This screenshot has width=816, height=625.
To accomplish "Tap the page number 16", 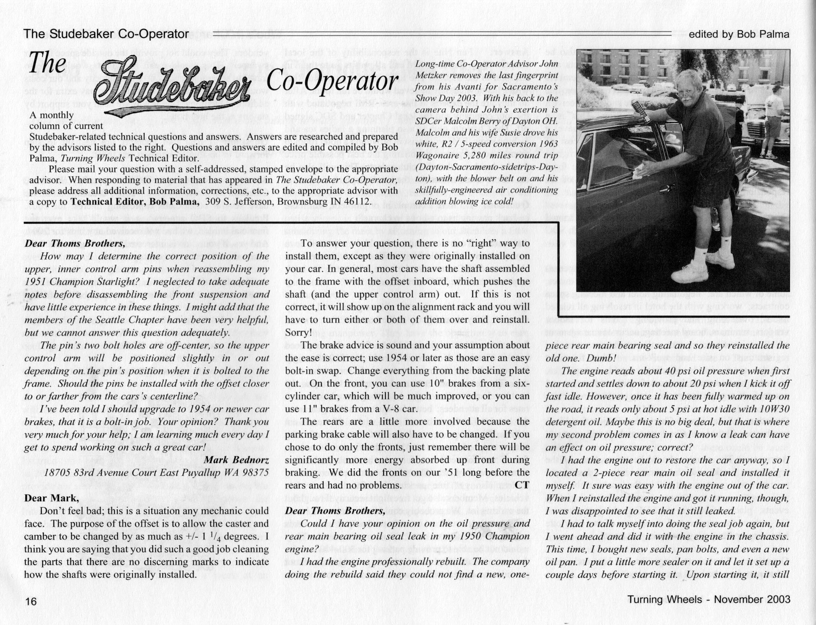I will coord(31,601).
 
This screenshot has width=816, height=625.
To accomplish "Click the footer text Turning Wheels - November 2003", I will coord(708,599).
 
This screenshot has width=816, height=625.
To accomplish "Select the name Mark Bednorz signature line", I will coord(236,460).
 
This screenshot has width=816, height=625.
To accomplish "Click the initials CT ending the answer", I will coord(522,485).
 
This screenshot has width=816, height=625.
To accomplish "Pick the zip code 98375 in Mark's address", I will coord(256,473).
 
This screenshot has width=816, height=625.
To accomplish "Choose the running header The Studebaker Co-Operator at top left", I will coord(106,34).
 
